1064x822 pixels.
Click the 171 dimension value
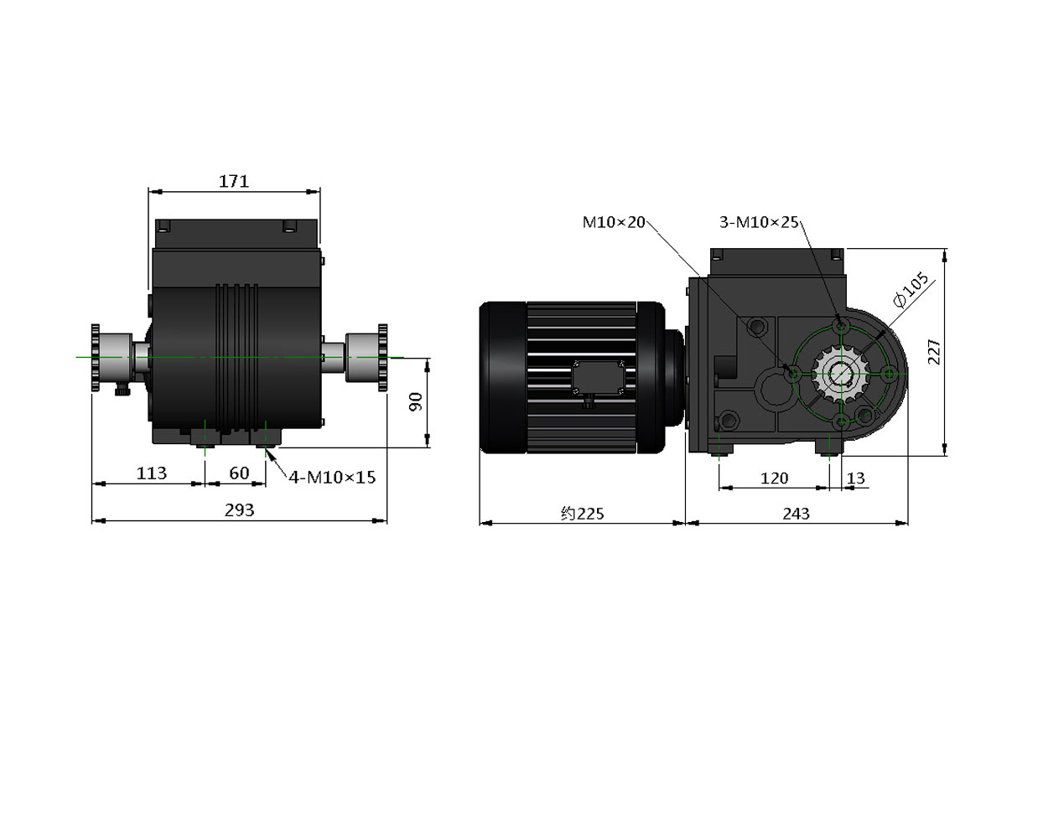(x=234, y=182)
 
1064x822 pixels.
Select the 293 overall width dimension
(x=240, y=510)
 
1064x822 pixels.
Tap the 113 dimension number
(x=152, y=473)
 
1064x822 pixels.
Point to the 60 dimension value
(x=239, y=473)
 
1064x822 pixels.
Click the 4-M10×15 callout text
(x=332, y=477)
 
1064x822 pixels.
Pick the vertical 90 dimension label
(x=416, y=401)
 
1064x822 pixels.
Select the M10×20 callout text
(x=614, y=222)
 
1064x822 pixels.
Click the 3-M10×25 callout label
(x=759, y=222)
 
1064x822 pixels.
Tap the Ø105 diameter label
(x=911, y=290)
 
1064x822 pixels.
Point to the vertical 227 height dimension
(x=934, y=352)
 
